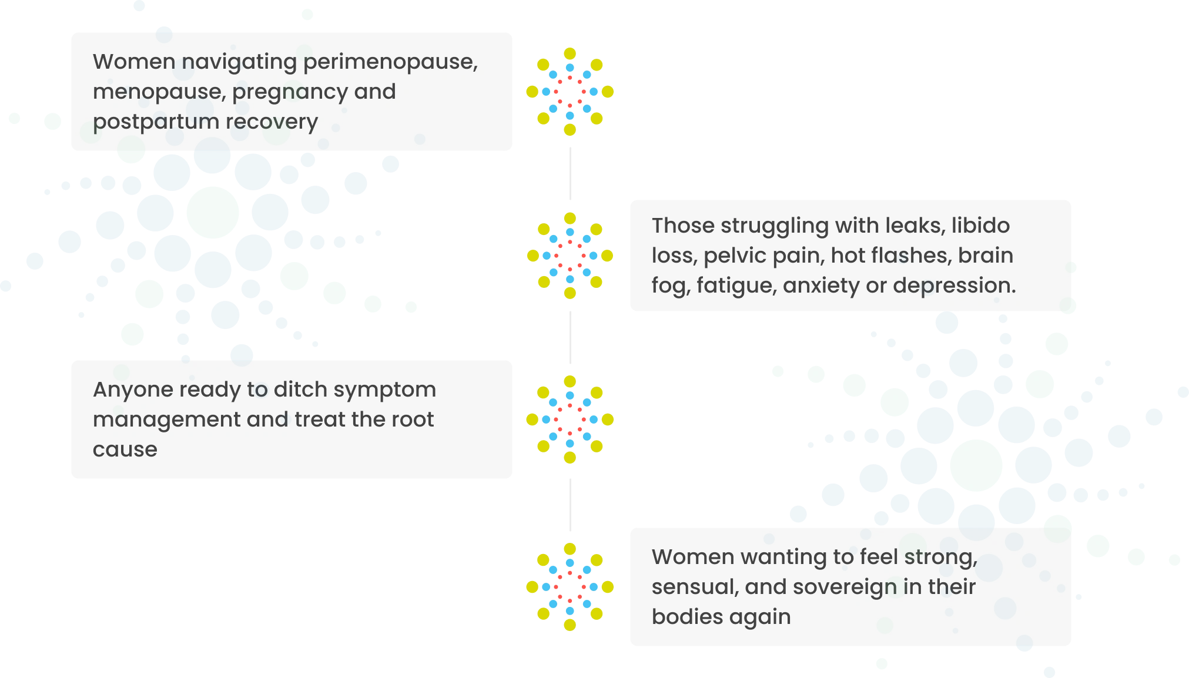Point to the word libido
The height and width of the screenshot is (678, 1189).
980,226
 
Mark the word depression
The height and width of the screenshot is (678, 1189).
954,286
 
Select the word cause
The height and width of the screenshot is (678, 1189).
125,449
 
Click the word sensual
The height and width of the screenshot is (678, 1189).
695,587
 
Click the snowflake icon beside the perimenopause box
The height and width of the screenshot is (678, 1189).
570,92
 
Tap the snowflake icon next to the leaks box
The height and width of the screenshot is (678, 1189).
570,256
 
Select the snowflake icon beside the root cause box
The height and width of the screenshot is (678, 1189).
570,419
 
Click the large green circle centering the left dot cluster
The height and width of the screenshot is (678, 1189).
212,212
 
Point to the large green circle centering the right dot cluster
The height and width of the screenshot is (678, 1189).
976,465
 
